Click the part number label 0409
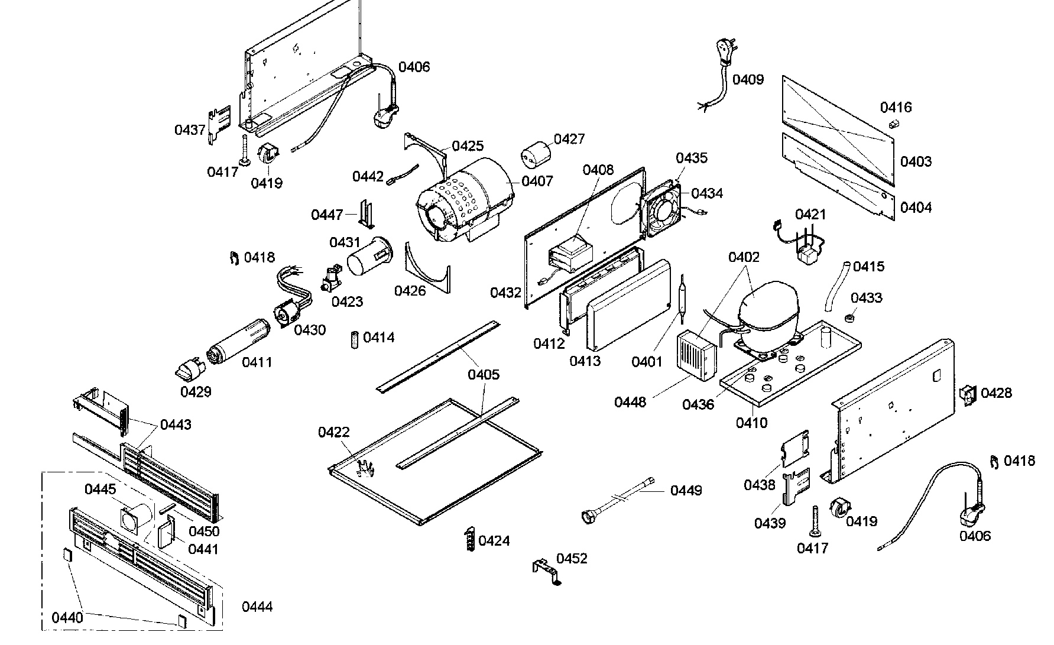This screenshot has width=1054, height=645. pos(748,79)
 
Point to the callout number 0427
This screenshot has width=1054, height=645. pos(569,139)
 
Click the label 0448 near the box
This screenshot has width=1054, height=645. pos(630,403)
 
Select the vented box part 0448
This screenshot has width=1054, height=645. pos(696,356)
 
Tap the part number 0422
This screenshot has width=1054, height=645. pos(334,433)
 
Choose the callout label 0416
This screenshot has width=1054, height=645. pos(896,108)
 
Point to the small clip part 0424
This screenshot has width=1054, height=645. pos(469,539)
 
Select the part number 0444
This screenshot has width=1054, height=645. pos(257,607)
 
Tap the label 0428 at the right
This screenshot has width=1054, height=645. pos(996,393)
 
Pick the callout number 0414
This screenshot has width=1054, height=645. pos(379,338)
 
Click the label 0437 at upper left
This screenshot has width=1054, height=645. pos(190,130)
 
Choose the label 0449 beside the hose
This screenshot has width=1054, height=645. pos(686,491)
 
